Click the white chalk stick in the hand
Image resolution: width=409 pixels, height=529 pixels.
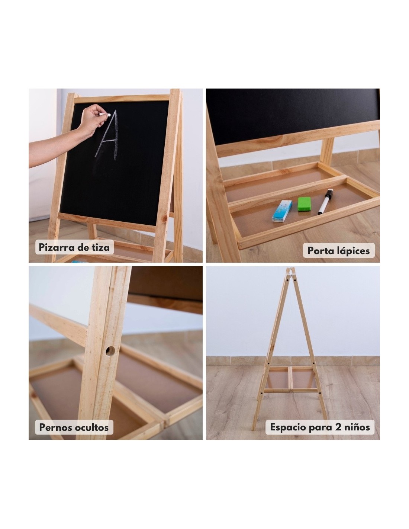pos(105,115)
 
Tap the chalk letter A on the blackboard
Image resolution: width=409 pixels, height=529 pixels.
pos(107,135)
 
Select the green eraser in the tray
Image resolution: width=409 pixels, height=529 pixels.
pos(304,204)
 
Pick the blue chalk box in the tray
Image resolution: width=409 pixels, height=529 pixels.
pos(282,211)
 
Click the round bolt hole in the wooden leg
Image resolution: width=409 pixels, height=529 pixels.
pos(110,351)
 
